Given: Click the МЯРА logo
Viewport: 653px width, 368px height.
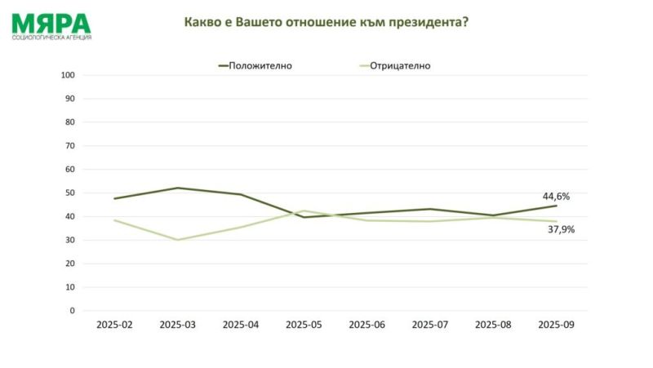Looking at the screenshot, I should point(51,22).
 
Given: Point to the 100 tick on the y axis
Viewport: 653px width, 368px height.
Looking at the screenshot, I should point(69,75).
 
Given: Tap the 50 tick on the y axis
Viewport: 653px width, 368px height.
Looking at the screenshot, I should point(70,193).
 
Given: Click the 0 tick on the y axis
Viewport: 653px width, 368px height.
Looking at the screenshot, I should point(73,311).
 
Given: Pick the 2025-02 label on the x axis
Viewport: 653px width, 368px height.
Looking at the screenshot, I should point(114,325).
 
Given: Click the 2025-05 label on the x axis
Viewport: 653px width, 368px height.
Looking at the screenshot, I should point(304,325).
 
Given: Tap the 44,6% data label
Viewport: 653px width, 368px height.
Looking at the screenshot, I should point(556,197).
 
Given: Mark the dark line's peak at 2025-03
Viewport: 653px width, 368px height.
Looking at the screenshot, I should point(177,188).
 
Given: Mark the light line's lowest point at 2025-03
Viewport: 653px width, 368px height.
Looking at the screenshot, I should point(177,240).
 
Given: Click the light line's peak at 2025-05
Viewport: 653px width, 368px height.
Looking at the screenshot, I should point(304,211).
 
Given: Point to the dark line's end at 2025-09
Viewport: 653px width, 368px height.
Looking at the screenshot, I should point(557,206).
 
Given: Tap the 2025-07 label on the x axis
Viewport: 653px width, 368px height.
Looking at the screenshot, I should point(430,325).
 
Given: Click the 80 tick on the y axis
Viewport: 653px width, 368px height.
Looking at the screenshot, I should point(70,122).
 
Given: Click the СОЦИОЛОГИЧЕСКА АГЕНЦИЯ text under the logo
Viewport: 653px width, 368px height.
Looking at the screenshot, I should point(51,38).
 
